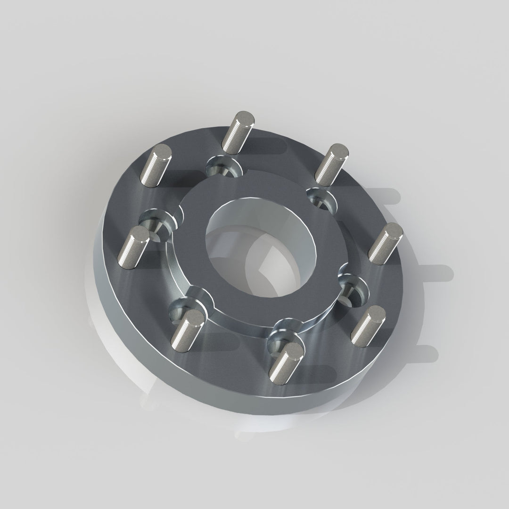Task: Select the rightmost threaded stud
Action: (386, 243)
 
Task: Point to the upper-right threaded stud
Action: (332, 164)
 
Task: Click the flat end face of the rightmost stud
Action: (393, 230)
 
